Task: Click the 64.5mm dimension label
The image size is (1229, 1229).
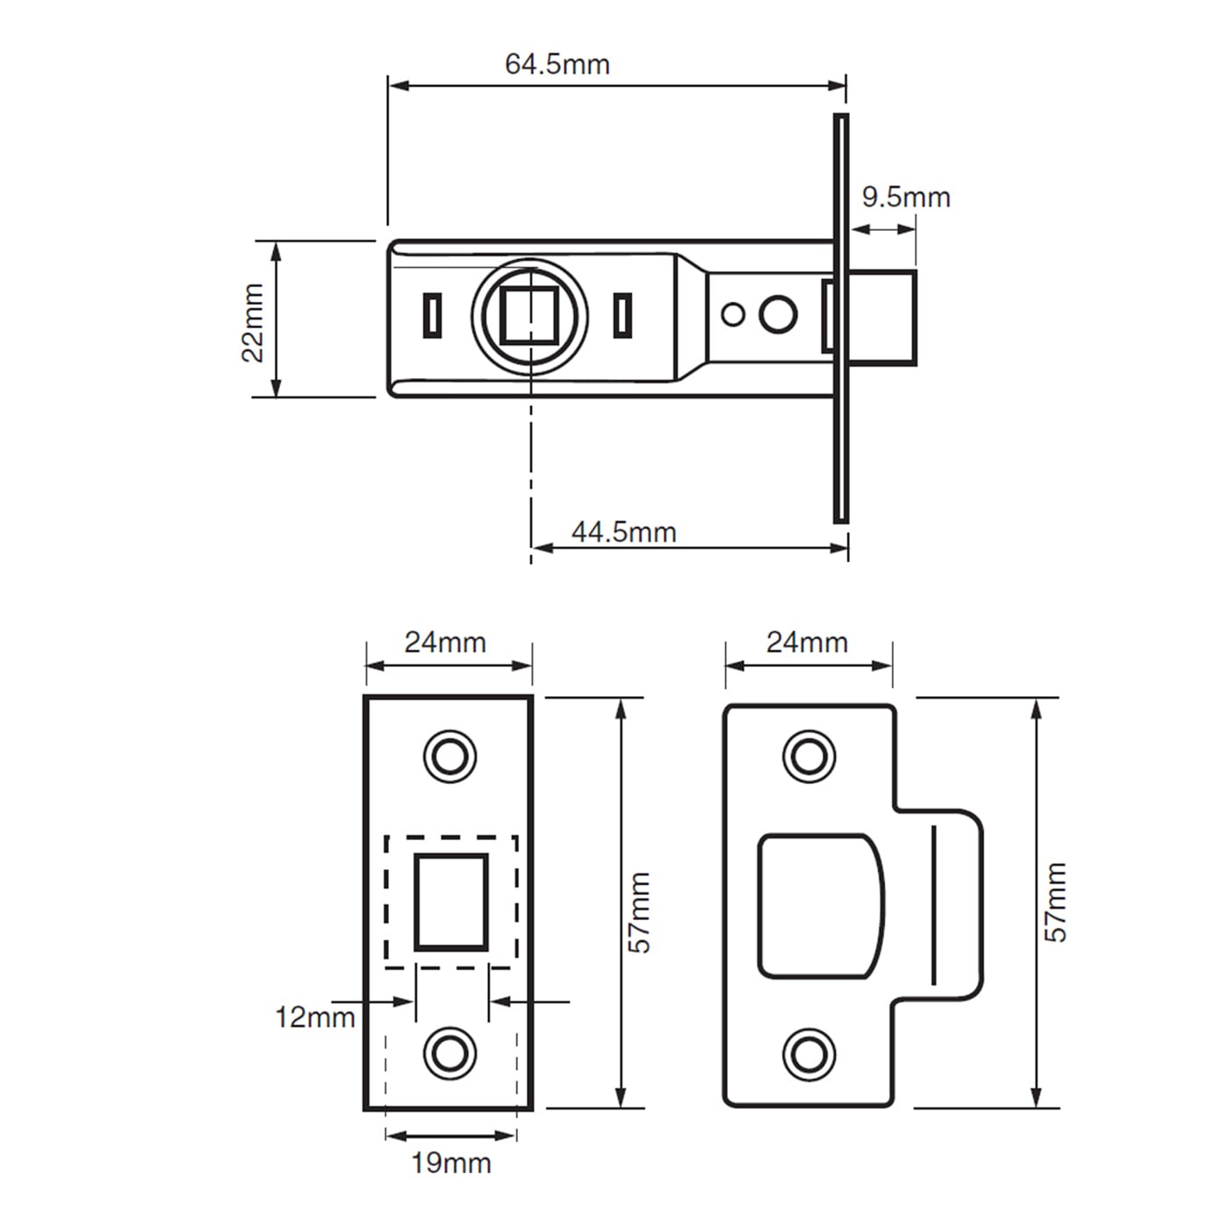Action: point(557,64)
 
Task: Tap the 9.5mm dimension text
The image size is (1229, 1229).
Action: point(905,197)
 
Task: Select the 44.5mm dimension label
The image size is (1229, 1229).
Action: point(623,532)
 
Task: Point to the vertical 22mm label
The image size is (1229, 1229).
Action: point(253,322)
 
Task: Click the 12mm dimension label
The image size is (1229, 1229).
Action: point(314,1017)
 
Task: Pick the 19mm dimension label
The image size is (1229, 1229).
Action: point(450,1163)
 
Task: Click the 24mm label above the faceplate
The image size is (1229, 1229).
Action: point(445,643)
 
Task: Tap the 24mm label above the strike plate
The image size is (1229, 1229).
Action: point(807,643)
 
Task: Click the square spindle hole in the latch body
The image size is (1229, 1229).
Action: point(529,314)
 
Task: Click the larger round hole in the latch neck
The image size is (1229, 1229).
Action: point(778,314)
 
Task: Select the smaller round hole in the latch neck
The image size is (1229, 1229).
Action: point(733,314)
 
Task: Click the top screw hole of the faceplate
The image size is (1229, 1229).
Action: point(450,755)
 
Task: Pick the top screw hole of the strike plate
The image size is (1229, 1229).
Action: point(809,755)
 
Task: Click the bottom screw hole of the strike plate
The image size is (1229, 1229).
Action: point(809,1054)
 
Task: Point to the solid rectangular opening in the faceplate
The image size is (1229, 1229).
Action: point(451,902)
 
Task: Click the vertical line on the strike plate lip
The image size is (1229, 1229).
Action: point(934,904)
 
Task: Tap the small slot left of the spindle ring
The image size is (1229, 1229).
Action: point(432,314)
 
